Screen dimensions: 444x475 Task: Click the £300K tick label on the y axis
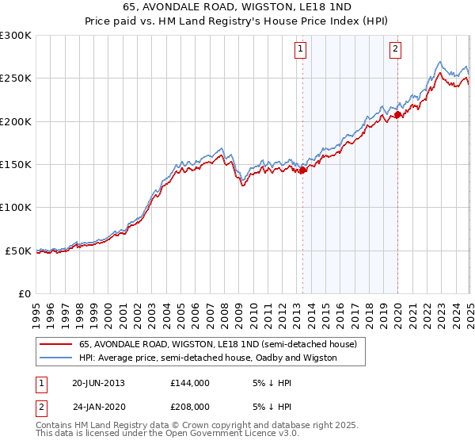pyautogui.click(x=16, y=36)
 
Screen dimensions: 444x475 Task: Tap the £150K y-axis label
pyautogui.click(x=16, y=165)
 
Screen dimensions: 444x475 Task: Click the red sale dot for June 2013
pyautogui.click(x=302, y=169)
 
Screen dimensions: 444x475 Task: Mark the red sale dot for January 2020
pyautogui.click(x=397, y=114)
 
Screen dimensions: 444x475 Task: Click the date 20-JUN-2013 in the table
pyautogui.click(x=98, y=382)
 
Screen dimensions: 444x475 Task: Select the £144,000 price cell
pyautogui.click(x=190, y=382)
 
